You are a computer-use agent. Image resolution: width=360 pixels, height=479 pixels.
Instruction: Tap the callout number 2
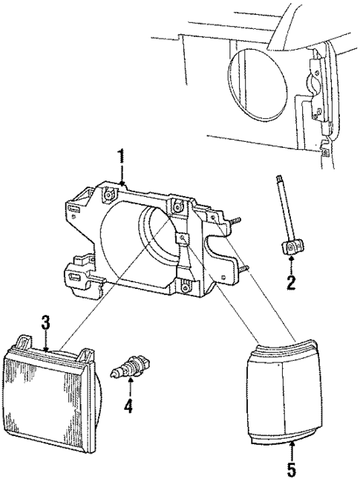[x=292, y=281]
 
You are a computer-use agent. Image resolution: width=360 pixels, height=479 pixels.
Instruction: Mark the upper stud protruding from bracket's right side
[x=236, y=220]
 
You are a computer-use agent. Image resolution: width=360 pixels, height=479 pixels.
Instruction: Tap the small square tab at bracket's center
[x=183, y=238]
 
